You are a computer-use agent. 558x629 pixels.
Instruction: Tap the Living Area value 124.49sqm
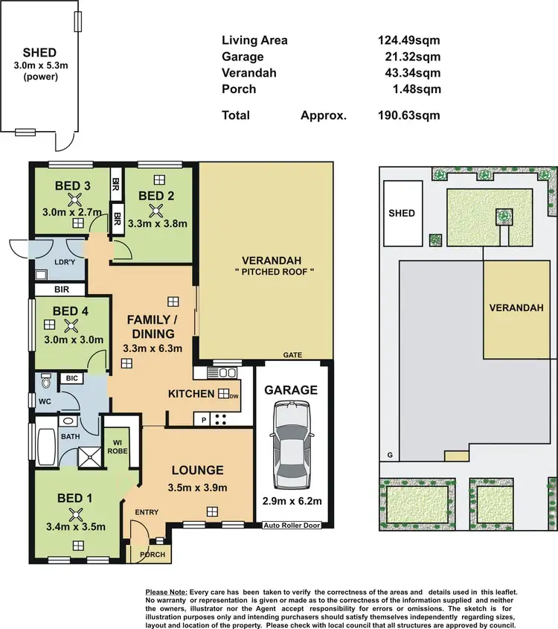(x=408, y=40)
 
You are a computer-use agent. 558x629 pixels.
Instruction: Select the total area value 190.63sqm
(x=408, y=115)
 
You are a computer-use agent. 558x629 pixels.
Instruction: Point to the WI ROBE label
(x=118, y=446)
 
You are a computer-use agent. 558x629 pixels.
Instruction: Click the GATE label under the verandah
(x=292, y=356)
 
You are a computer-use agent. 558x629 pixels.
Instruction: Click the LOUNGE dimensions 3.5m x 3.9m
(x=197, y=488)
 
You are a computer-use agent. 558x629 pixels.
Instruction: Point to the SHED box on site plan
(x=402, y=214)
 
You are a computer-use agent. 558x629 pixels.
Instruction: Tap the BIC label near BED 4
(x=71, y=379)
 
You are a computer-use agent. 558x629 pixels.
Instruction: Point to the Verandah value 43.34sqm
(x=408, y=73)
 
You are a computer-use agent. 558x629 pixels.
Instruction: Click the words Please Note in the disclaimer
(x=167, y=592)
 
